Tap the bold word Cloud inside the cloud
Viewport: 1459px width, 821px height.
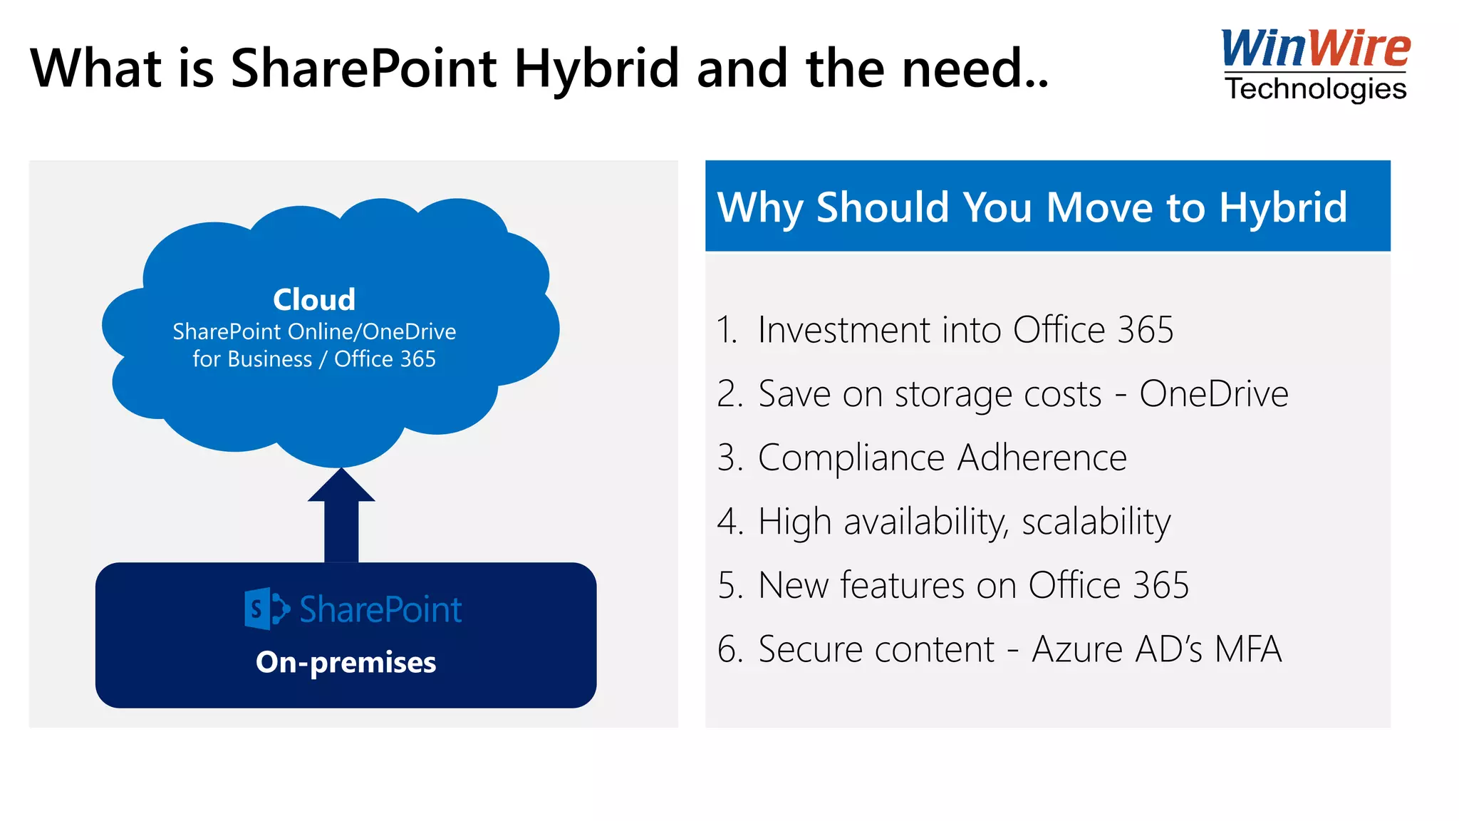click(314, 299)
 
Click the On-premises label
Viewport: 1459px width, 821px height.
click(346, 662)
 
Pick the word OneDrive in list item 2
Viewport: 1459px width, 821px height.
click(1214, 393)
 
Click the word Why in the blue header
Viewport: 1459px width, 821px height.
click(759, 207)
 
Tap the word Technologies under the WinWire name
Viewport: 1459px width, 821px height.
click(1315, 89)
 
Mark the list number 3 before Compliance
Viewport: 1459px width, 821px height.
click(728, 458)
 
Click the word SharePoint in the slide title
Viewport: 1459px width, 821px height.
click(363, 69)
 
